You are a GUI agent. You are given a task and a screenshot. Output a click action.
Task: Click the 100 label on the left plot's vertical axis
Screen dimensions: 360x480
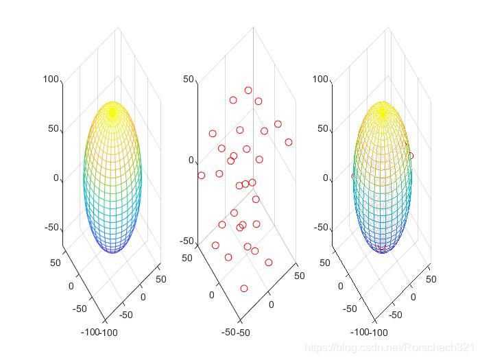pos(51,80)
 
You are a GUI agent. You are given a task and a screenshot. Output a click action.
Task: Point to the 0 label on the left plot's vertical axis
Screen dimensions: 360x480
pos(56,178)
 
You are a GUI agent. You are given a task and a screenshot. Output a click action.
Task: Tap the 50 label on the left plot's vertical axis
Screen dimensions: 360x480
pos(53,130)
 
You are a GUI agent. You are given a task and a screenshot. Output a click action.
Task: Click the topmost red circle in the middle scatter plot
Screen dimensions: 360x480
pos(248,91)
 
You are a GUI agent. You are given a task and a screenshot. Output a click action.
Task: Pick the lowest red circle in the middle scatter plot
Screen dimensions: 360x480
pos(244,289)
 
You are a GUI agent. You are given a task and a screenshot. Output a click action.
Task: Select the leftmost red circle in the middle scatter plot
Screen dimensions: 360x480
pos(202,176)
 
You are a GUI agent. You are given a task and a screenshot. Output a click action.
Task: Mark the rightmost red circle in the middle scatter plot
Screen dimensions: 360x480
pos(289,143)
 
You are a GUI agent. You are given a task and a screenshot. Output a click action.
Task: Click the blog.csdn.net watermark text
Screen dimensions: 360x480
pos(389,348)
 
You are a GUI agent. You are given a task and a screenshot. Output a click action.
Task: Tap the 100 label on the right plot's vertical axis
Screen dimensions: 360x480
pos(320,80)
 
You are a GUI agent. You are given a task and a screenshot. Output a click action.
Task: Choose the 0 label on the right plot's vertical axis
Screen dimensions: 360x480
pos(326,178)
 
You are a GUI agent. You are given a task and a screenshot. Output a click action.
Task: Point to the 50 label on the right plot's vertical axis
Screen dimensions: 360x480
pos(323,130)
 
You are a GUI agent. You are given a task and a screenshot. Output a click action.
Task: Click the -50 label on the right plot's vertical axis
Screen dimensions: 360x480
pos(320,228)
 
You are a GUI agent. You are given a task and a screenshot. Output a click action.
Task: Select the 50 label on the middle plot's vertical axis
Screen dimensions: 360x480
pos(189,80)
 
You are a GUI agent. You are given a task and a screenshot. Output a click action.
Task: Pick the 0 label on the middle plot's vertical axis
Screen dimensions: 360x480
pos(191,160)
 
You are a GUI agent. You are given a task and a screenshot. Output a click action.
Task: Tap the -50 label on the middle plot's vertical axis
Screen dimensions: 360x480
pos(186,241)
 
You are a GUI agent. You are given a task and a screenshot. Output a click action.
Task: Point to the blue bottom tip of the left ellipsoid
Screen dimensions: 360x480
pos(112,252)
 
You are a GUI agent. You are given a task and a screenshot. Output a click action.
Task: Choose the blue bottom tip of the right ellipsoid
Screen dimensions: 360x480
pos(382,252)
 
